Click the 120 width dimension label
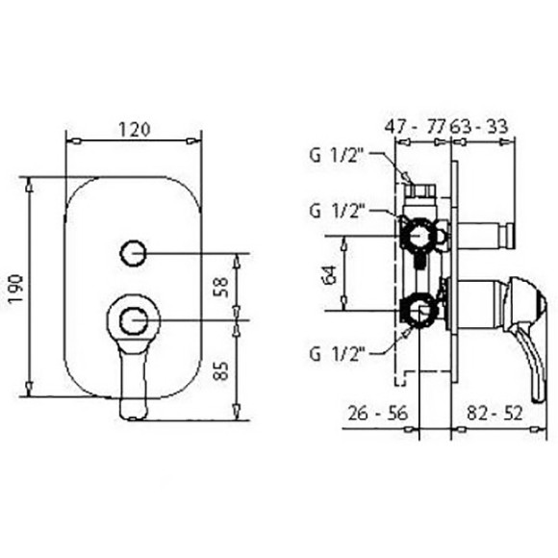(134, 129)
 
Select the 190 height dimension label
(16, 289)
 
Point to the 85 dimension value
(221, 370)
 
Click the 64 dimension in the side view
(331, 275)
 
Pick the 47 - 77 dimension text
(416, 126)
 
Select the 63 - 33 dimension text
(479, 126)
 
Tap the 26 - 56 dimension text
(377, 413)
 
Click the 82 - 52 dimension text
(495, 413)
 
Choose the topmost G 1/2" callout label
(336, 155)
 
